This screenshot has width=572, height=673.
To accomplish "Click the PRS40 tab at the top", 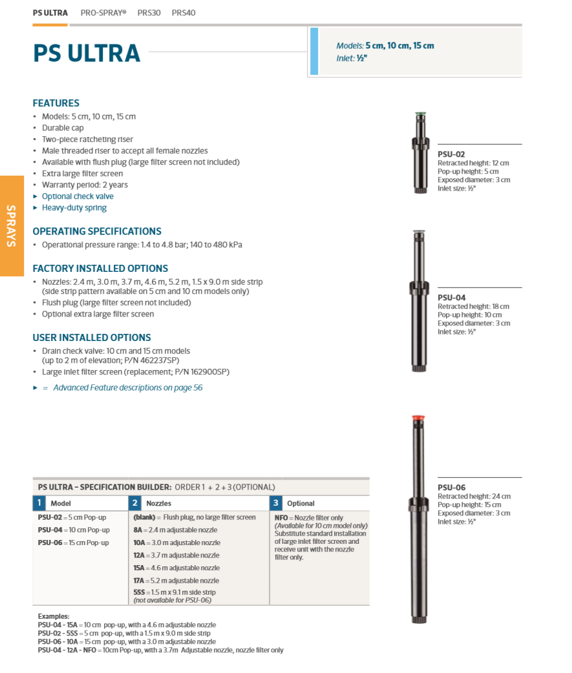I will [184, 13].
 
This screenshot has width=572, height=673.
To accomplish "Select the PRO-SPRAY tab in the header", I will [103, 13].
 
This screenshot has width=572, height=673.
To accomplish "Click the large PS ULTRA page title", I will [87, 53].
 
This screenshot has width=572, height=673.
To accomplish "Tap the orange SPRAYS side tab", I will [12, 225].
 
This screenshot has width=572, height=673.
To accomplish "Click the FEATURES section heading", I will [56, 103].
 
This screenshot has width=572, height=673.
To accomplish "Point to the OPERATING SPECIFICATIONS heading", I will [97, 231].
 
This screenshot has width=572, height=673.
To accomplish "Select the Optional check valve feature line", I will [78, 196].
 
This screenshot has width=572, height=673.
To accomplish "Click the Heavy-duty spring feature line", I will [74, 208].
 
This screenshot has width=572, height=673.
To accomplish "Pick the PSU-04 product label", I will [451, 298].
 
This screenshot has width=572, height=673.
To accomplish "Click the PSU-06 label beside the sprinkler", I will [451, 488].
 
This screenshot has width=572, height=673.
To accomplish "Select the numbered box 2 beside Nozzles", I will [135, 503].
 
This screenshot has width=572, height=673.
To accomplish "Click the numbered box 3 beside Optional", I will [276, 503].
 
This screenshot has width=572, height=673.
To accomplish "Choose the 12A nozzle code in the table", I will [139, 555].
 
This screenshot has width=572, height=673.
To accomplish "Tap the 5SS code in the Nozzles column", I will [139, 592].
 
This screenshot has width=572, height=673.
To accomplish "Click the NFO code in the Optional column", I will [281, 518].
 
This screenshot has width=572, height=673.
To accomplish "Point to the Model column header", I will [61, 503].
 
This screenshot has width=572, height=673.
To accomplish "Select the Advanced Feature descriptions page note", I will [127, 388].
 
